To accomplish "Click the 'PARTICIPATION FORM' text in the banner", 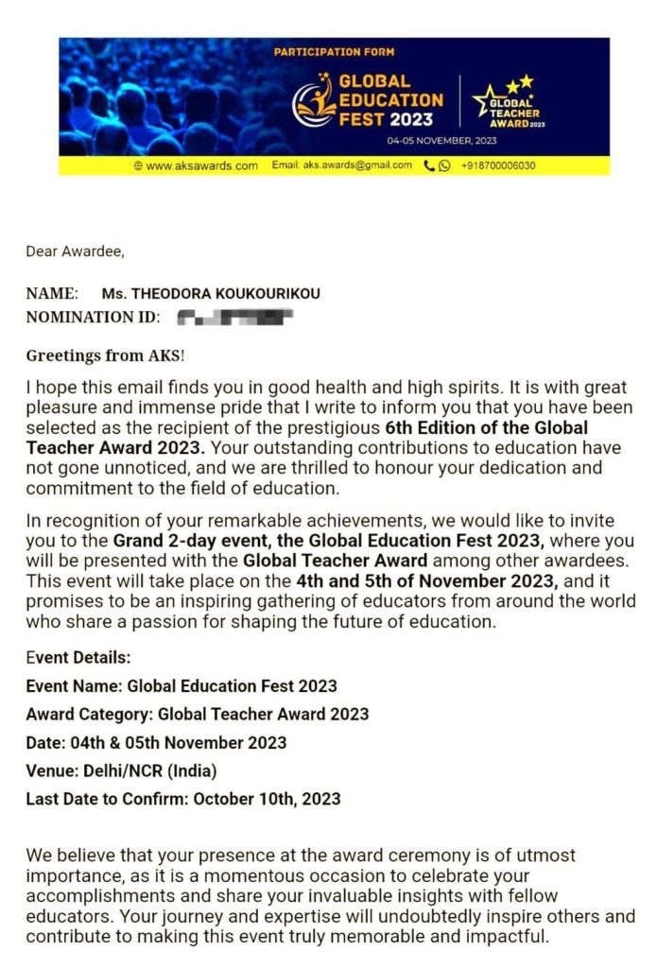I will (x=334, y=52).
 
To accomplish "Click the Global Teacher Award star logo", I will (x=510, y=100).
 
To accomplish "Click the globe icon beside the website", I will (x=139, y=165).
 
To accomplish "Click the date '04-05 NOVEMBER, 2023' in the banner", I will (x=441, y=141).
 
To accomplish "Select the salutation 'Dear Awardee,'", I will (x=75, y=251).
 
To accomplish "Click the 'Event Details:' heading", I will (x=78, y=658).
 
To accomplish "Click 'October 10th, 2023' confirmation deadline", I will (x=267, y=799).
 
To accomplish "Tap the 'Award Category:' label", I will (x=90, y=715).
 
